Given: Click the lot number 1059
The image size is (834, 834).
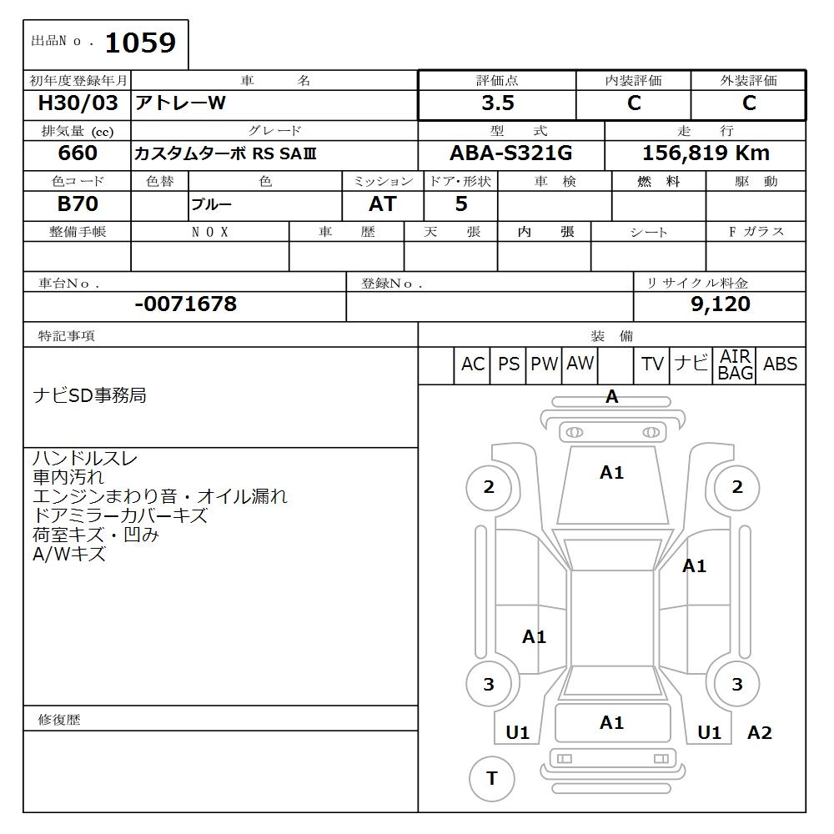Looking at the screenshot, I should click(x=139, y=43).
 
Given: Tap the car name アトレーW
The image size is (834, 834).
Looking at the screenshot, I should click(x=181, y=103).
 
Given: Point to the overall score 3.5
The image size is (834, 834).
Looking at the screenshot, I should click(x=497, y=103).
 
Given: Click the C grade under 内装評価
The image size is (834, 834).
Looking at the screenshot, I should click(x=634, y=103).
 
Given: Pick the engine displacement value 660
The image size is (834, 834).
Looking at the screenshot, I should click(x=78, y=153).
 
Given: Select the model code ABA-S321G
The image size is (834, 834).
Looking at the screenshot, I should click(x=510, y=153).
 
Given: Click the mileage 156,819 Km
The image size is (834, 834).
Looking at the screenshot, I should click(x=706, y=153).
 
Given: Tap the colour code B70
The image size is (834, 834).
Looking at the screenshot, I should click(x=78, y=204).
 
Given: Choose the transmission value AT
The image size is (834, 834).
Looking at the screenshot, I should click(x=382, y=204).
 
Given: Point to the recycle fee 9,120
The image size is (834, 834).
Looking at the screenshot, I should click(x=721, y=304).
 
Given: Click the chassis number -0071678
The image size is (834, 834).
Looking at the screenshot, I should click(x=185, y=304).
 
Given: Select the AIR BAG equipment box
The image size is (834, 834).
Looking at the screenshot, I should click(x=736, y=365).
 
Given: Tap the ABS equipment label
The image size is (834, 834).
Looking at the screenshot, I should click(x=780, y=364).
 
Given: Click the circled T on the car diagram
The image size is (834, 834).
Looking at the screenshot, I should click(x=491, y=779).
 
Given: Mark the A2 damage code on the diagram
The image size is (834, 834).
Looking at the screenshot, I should click(x=759, y=733).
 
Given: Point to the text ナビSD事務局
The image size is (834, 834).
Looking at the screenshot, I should click(x=89, y=395).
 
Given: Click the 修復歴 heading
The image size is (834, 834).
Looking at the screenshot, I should click(x=59, y=720).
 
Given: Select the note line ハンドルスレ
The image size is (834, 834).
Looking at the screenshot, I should click(x=85, y=459).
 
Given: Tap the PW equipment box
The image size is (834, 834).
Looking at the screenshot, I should click(x=544, y=364).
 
